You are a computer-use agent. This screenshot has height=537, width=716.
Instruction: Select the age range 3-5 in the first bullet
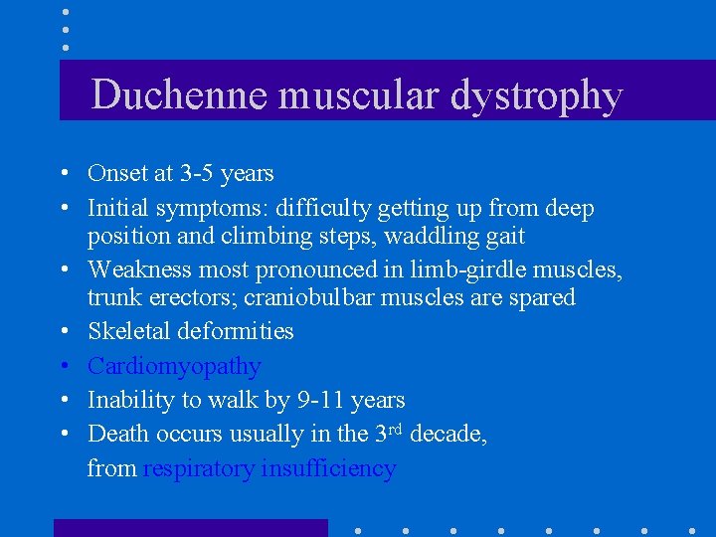pyautogui.click(x=195, y=174)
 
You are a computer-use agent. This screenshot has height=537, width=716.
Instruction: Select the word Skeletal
pyautogui.click(x=125, y=331)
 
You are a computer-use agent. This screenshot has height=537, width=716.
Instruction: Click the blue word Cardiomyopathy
pyautogui.click(x=174, y=367)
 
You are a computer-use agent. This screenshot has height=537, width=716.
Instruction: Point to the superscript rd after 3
pyautogui.click(x=395, y=429)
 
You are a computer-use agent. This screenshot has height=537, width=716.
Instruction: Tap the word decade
pyautogui.click(x=447, y=435)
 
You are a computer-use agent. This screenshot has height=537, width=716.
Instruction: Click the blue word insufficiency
pyautogui.click(x=328, y=468)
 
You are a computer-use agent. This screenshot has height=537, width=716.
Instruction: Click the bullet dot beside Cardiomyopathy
pyautogui.click(x=63, y=367)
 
